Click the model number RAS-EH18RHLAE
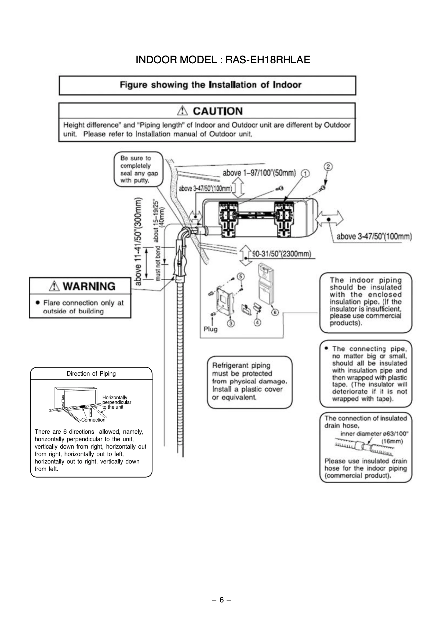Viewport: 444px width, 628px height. tap(268, 60)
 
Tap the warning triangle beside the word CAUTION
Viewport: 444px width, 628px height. tap(182, 111)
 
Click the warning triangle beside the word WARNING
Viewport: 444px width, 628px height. tap(54, 286)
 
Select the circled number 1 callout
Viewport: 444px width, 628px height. tap(305, 173)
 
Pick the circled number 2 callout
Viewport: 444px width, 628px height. tap(328, 166)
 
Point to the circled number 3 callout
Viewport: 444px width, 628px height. tap(231, 324)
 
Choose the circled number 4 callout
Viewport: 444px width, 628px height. tap(257, 322)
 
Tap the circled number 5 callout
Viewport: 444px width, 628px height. tap(241, 277)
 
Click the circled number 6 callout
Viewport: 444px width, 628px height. tap(275, 312)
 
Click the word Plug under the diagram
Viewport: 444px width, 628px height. tap(210, 329)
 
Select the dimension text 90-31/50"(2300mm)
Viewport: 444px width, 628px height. tap(282, 253)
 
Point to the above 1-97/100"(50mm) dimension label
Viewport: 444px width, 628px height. tap(259, 173)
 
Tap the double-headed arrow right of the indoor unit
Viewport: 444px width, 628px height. tap(329, 218)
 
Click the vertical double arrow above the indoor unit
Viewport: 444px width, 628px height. tap(239, 187)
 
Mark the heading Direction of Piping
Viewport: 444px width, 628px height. tap(91, 374)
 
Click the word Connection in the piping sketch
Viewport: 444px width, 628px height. tap(93, 420)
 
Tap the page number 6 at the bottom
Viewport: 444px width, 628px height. tap(222, 600)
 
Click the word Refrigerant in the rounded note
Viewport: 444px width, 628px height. tap(230, 366)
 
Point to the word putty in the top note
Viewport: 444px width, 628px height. tap(141, 180)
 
